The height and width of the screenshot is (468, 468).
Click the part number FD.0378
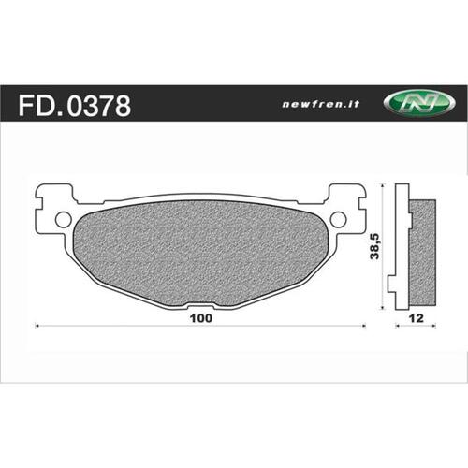click(x=74, y=105)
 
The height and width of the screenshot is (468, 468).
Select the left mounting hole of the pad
click(x=63, y=220)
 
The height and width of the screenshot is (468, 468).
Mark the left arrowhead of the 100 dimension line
click(x=37, y=326)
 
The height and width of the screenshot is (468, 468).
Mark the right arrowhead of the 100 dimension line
click(x=363, y=326)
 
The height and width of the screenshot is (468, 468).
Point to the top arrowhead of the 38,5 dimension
click(x=383, y=187)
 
